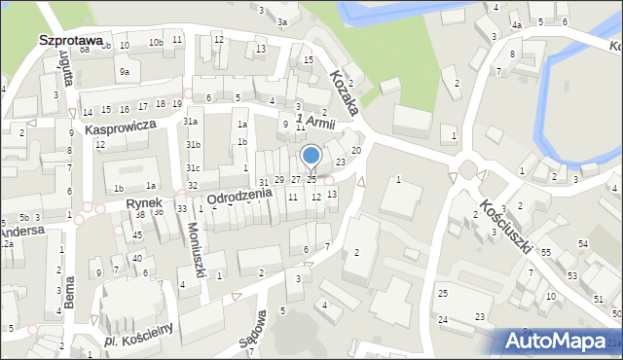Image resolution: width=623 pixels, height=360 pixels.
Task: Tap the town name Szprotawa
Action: pyautogui.click(x=70, y=40)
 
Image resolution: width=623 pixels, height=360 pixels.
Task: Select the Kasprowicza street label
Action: pyautogui.click(x=121, y=127)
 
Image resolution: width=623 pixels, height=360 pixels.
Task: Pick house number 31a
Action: pyautogui.click(x=192, y=122)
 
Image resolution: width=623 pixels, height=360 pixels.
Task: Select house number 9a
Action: pyautogui.click(x=124, y=71)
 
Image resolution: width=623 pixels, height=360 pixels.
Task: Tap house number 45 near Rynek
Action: pyautogui.click(x=137, y=234)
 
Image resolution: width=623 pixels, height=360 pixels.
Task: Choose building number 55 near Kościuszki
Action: pyautogui.click(x=546, y=252)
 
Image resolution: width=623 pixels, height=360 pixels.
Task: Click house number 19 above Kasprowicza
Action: pyautogui.click(x=176, y=104)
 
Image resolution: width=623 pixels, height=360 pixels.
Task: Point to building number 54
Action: pyautogui.click(x=583, y=242)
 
